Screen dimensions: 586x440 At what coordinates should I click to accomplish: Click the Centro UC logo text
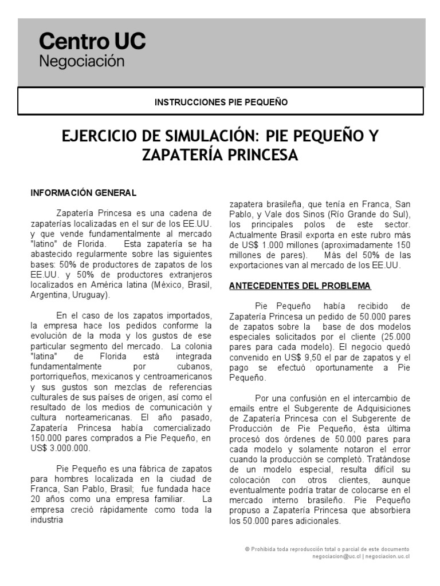[x=92, y=42]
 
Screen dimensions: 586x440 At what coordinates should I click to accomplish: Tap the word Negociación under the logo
[x=81, y=61]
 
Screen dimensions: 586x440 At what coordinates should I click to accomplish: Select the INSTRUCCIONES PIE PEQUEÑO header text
[x=221, y=102]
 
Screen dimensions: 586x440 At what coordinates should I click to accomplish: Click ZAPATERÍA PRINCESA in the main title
[x=221, y=155]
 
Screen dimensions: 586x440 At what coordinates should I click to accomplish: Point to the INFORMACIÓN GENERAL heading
[x=83, y=193]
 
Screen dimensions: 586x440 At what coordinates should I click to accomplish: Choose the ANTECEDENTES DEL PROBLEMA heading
[x=300, y=286]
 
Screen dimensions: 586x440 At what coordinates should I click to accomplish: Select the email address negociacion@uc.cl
[x=337, y=556]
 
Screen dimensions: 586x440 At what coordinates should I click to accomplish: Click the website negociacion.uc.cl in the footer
[x=387, y=556]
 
